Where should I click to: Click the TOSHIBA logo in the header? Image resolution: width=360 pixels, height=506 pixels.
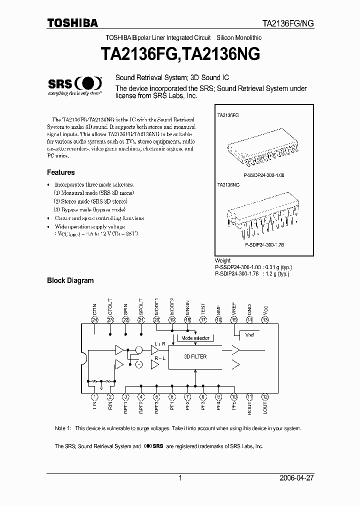72,22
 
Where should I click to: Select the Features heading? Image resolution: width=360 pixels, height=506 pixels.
60,172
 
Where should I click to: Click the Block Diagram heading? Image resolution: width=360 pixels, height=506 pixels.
70,280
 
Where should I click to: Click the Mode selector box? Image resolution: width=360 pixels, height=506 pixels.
195,338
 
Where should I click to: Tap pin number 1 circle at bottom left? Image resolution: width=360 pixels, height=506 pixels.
95,396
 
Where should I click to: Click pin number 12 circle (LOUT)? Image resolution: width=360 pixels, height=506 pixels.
265,396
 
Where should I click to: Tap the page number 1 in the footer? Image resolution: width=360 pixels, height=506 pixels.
179,478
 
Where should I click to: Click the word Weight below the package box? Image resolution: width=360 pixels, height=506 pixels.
222,260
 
